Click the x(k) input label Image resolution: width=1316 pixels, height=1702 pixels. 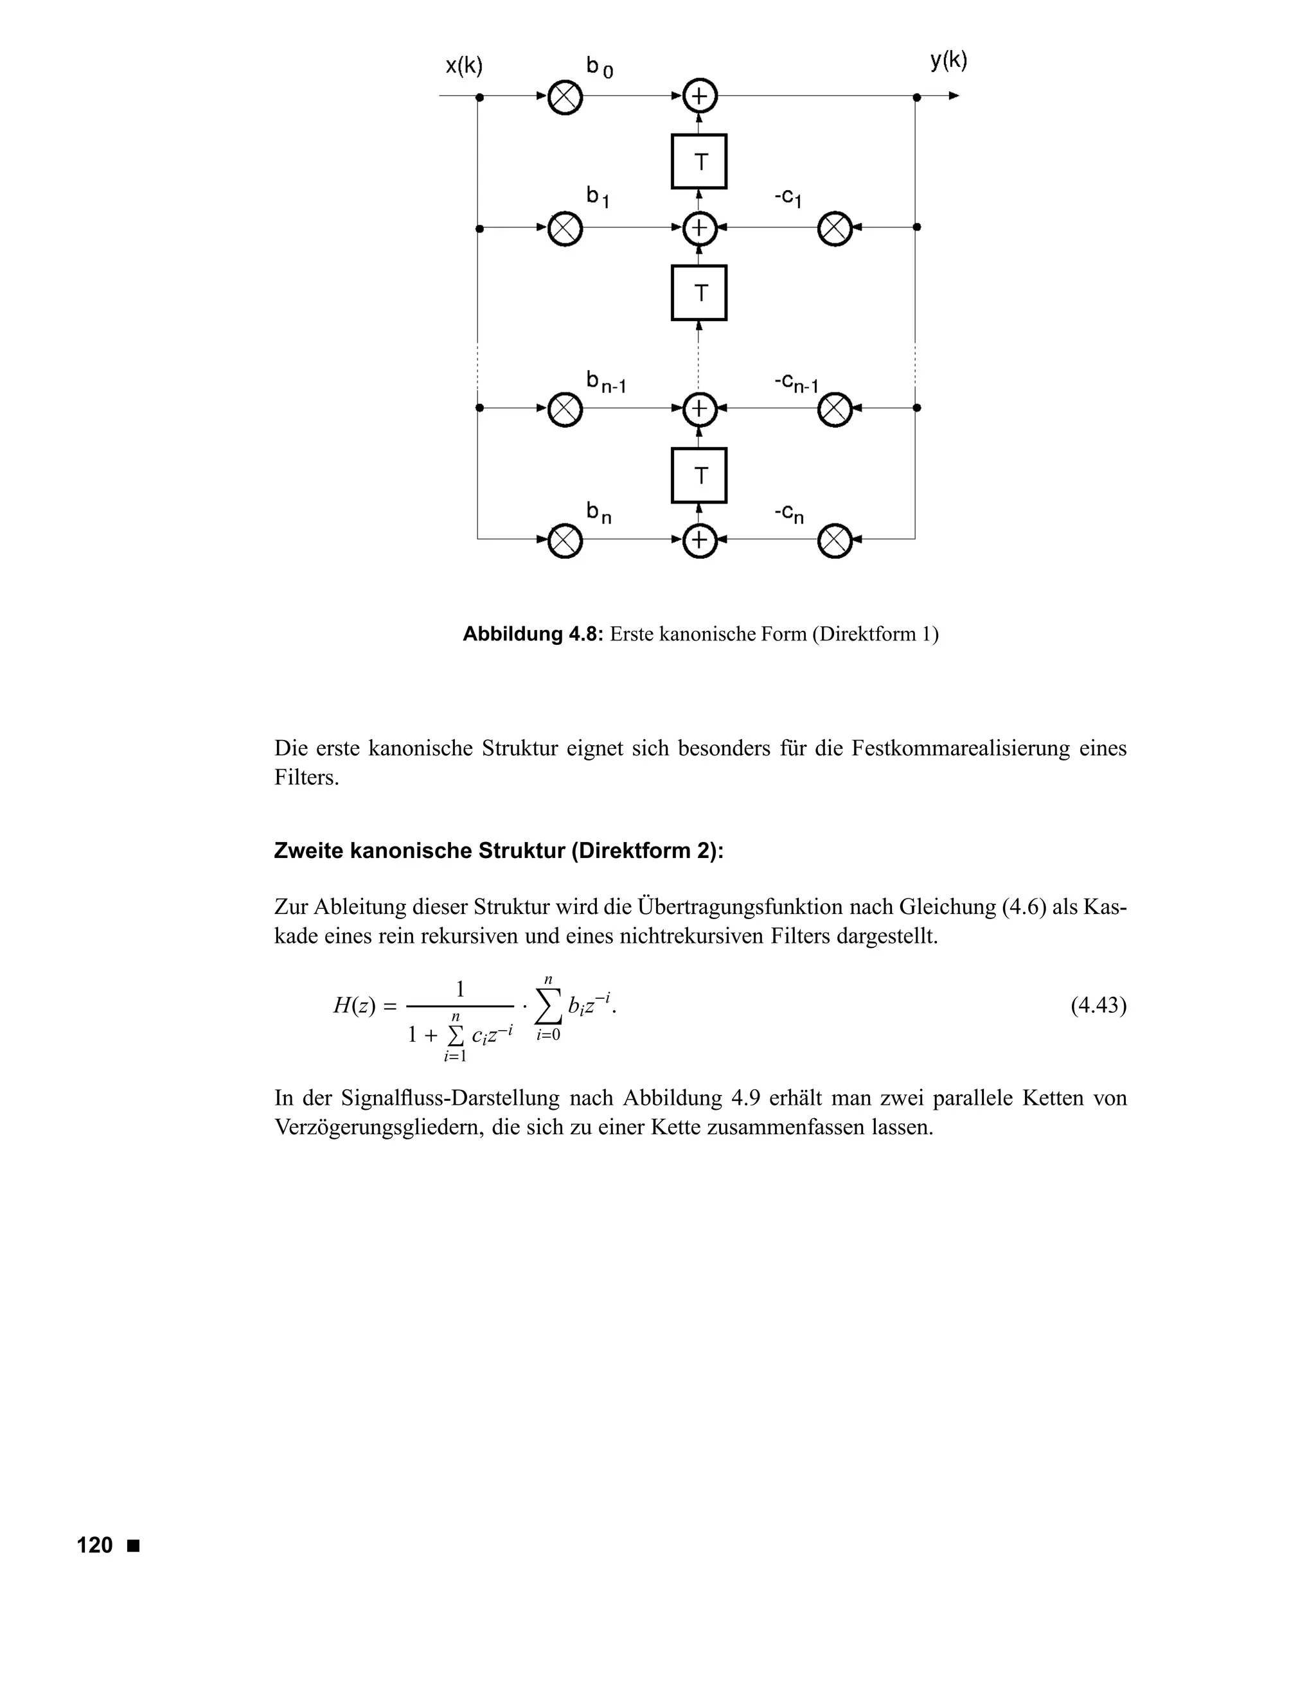(x=464, y=66)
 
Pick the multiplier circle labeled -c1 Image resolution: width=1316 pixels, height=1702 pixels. (x=834, y=229)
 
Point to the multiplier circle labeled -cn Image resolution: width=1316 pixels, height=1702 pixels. (x=834, y=541)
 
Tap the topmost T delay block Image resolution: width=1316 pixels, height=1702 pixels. (x=699, y=161)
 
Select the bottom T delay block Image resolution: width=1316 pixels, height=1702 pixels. (x=699, y=475)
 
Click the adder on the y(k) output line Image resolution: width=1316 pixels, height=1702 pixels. (x=699, y=96)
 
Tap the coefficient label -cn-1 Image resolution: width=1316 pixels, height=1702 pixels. (x=796, y=383)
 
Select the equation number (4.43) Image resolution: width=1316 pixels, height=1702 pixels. (x=1098, y=1005)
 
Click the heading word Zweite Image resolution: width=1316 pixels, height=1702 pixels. (x=308, y=850)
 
